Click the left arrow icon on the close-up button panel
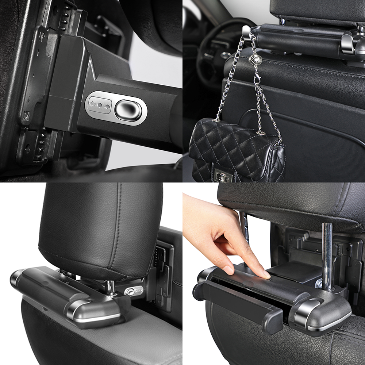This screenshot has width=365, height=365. [92, 105]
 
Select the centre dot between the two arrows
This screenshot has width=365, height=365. [100, 105]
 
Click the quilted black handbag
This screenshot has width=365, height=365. [234, 150]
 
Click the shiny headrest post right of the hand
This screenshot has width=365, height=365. [327, 255]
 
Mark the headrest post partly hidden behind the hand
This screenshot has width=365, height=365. [247, 226]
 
